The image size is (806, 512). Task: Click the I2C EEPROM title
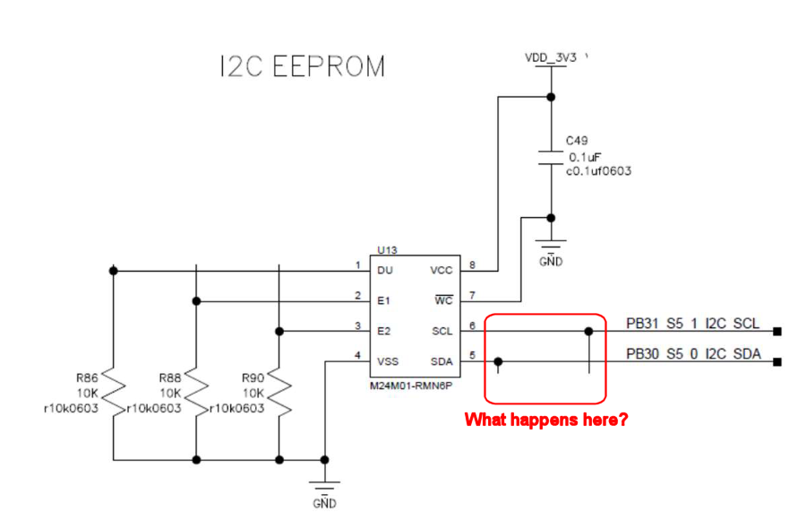pos(302,67)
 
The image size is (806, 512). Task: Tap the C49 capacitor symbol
pos(551,158)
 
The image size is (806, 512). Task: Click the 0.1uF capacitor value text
pos(585,157)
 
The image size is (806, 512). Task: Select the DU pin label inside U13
pos(385,270)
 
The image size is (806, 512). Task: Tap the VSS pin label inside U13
pos(388,362)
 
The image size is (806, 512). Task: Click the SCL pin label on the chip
pos(442,332)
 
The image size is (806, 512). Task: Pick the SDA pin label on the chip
pos(442,362)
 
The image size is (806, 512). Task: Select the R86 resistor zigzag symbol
pos(112,393)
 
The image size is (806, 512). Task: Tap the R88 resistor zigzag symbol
pos(195,393)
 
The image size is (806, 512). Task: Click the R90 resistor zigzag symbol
pos(279,393)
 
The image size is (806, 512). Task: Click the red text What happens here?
pos(545,420)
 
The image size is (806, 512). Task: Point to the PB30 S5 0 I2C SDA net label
pos(693,354)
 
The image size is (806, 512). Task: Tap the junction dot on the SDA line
pos(499,362)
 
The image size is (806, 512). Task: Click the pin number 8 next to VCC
pos(471,265)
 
